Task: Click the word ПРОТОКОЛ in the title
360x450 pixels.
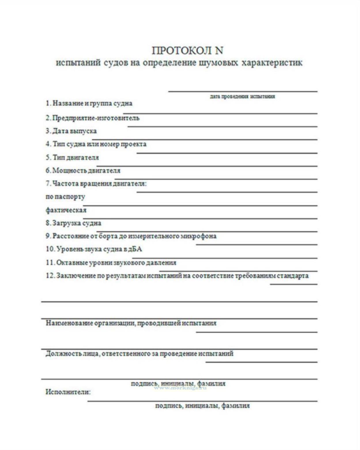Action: tap(182, 51)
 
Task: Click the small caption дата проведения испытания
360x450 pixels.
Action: tap(242, 97)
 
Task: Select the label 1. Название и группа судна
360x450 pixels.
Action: tap(89, 103)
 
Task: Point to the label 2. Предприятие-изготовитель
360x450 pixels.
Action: tap(92, 118)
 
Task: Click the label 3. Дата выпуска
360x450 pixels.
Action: tap(71, 131)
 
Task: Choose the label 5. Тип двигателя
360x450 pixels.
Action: tap(72, 158)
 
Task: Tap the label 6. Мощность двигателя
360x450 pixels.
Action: tap(83, 171)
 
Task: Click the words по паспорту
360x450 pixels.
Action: tap(65, 197)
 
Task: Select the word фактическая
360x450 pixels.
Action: tap(66, 210)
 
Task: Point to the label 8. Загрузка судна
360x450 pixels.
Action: tap(73, 223)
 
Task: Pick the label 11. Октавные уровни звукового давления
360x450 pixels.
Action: tap(111, 263)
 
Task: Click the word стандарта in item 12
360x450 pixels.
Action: tap(293, 276)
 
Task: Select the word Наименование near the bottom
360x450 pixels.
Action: tap(69, 323)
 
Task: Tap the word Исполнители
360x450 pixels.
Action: tap(68, 392)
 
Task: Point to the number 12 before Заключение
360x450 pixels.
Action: tap(50, 276)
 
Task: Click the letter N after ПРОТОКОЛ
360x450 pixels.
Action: tap(219, 51)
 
